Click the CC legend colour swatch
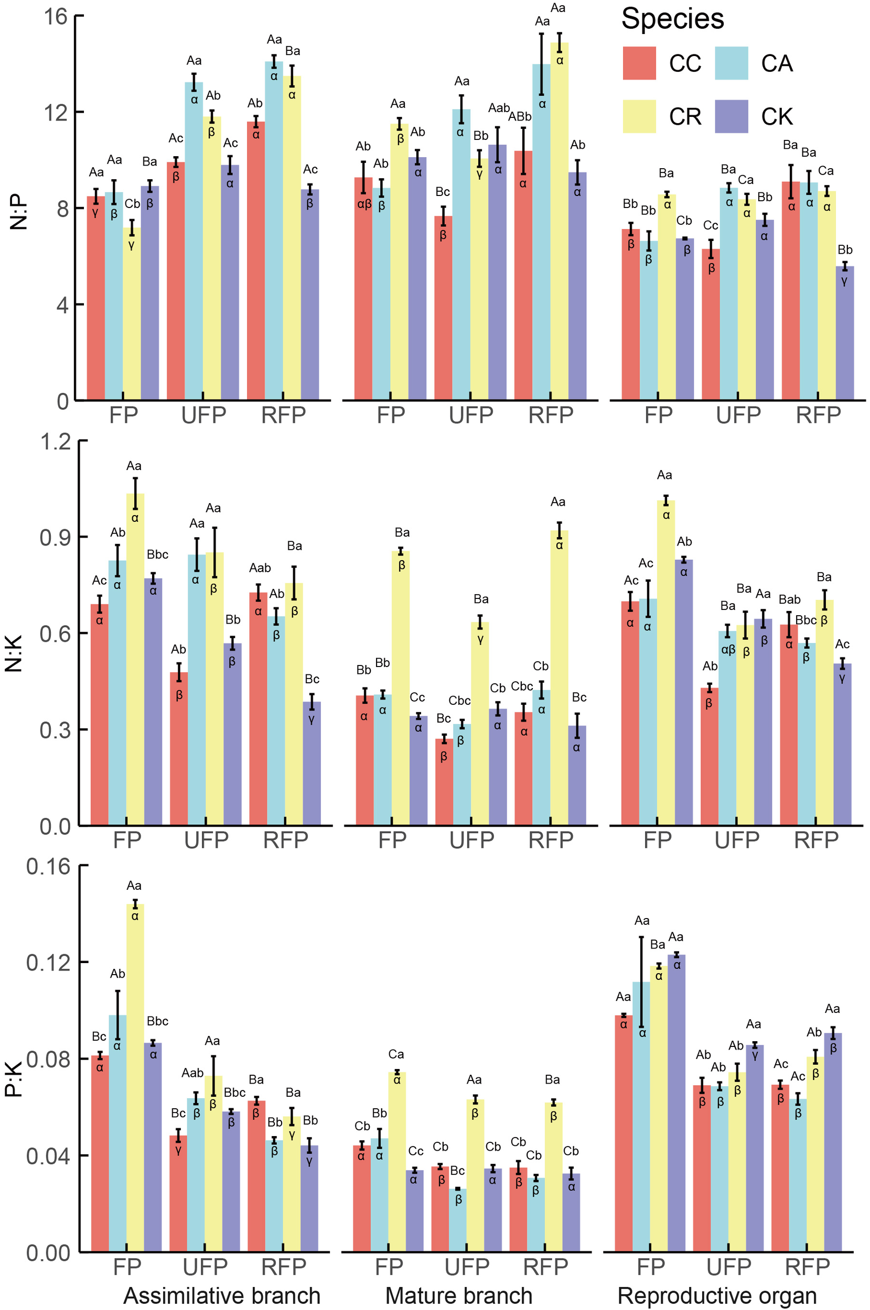(x=639, y=63)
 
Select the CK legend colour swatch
(x=731, y=116)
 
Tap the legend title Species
(x=672, y=19)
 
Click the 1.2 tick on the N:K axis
(x=56, y=442)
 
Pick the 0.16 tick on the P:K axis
(x=49, y=866)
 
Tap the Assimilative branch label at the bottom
(x=221, y=1295)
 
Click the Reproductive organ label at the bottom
(x=717, y=1295)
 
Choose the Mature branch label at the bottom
(x=458, y=1295)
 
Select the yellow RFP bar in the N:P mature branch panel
(x=559, y=222)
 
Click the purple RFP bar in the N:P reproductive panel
(x=844, y=333)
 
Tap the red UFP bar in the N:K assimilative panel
(x=179, y=748)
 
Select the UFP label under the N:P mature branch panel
(x=470, y=415)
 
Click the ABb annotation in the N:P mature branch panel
(x=520, y=117)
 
